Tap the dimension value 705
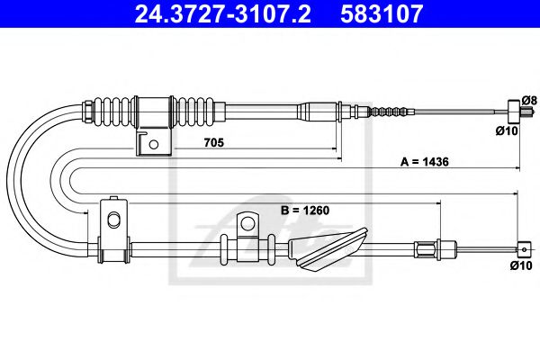click(213, 143)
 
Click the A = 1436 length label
click(425, 163)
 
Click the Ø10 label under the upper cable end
click(509, 132)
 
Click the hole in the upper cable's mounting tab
click(155, 143)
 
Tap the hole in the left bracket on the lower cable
click(112, 220)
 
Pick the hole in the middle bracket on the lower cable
click(246, 222)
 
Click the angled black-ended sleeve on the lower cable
click(331, 247)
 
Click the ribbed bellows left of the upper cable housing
click(112, 112)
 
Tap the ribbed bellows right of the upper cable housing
click(196, 112)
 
